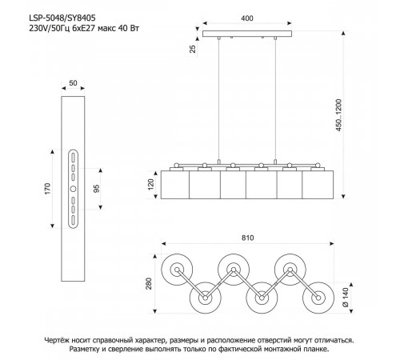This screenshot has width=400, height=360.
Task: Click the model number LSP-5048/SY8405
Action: (x=62, y=18)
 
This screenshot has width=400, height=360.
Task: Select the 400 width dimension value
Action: (x=247, y=18)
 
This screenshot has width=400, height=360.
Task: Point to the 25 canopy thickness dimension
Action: (x=193, y=49)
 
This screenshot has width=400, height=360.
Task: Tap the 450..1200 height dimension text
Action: (x=338, y=115)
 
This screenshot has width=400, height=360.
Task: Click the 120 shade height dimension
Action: (x=151, y=185)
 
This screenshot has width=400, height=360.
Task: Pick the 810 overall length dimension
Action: (x=248, y=238)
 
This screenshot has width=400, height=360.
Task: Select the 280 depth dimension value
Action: (x=149, y=283)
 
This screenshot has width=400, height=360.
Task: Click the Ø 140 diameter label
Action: (x=345, y=298)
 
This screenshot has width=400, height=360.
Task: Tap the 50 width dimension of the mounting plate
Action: (x=73, y=83)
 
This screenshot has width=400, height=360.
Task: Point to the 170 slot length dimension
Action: (x=47, y=189)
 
